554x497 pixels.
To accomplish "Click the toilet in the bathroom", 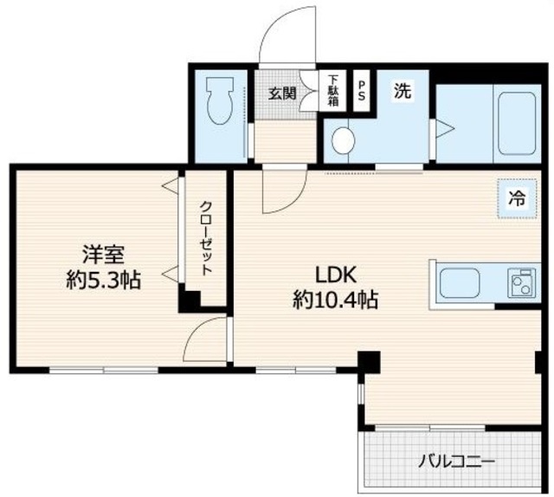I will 217,102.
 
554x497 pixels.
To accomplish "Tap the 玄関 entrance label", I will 282,93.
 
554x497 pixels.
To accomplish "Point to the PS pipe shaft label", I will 362,91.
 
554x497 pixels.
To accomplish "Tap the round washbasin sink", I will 345,139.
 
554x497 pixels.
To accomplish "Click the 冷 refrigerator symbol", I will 516,197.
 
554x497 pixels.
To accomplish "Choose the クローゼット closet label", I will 206,237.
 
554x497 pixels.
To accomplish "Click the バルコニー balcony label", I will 458,461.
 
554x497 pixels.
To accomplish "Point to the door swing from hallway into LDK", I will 284,190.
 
